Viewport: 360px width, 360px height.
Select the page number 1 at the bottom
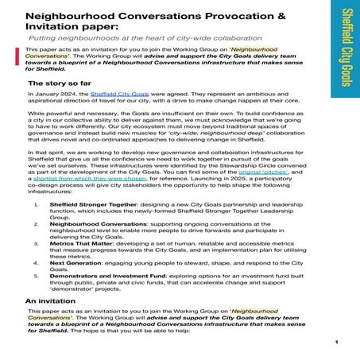(337, 343)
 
